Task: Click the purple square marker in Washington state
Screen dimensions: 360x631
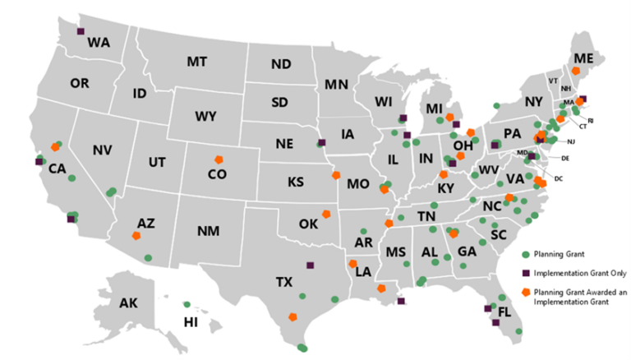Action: click(x=81, y=31)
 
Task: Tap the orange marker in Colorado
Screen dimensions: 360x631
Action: click(x=219, y=159)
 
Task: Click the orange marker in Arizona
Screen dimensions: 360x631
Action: click(x=136, y=235)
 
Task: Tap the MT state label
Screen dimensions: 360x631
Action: click(x=197, y=62)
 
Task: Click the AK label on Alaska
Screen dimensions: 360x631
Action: click(x=128, y=303)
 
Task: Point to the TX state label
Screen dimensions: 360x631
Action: click(x=283, y=283)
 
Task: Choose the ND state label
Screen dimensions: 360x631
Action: click(x=281, y=64)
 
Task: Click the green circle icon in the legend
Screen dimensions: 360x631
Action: click(x=525, y=252)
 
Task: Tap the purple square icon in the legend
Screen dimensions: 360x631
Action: click(x=525, y=273)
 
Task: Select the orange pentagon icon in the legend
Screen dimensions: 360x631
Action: click(x=525, y=293)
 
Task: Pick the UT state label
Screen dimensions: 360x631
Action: click(x=157, y=163)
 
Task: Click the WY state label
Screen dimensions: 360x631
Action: click(x=205, y=116)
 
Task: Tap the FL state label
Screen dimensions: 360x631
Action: click(x=504, y=312)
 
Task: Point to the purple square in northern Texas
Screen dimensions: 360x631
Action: click(x=310, y=265)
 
